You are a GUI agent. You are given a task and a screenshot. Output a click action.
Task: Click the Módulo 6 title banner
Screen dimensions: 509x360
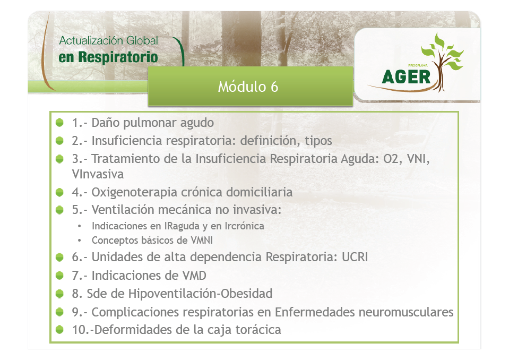click(x=251, y=86)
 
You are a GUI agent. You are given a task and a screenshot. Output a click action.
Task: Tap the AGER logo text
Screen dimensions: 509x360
click(x=406, y=77)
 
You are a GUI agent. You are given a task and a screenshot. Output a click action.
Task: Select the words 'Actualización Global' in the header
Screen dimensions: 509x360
click(x=108, y=41)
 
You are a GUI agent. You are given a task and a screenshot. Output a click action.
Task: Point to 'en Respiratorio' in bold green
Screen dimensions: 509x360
click(x=108, y=57)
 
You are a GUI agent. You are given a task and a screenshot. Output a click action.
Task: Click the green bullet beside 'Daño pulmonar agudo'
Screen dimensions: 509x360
click(x=59, y=122)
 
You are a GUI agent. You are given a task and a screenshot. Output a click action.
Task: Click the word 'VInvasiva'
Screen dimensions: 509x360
click(x=98, y=174)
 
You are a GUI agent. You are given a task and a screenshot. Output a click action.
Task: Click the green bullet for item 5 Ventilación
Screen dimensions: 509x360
click(x=59, y=210)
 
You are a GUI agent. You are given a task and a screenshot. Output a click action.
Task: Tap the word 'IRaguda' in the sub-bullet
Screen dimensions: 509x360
click(x=182, y=226)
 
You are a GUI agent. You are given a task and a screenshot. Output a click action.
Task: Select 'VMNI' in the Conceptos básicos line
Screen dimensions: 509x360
click(x=202, y=240)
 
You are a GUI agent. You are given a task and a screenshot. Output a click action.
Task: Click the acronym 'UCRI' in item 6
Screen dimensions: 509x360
click(x=355, y=257)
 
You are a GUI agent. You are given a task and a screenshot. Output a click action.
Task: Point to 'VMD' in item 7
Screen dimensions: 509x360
click(x=194, y=275)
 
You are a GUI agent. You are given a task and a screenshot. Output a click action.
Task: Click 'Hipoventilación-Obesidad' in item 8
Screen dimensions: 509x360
click(x=200, y=294)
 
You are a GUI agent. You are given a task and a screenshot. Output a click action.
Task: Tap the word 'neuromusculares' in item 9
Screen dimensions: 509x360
click(x=406, y=312)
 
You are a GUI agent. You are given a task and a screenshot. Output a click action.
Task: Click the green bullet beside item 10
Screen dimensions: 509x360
click(x=59, y=330)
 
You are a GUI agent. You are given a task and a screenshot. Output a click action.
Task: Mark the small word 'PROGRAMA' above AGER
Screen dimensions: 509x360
click(x=418, y=65)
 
